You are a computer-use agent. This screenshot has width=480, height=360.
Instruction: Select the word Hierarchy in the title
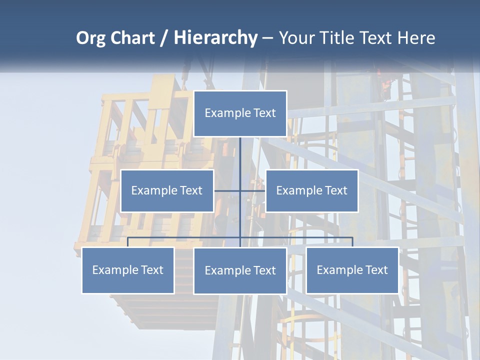[215, 38]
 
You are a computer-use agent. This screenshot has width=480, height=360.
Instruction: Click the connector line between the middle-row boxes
[239, 190]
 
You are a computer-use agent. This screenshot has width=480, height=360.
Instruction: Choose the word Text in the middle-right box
[336, 190]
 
